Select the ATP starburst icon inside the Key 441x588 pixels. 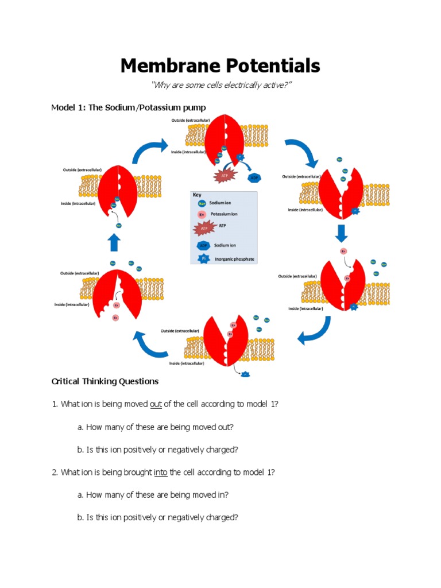click(200, 229)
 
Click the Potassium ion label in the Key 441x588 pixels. click(225, 214)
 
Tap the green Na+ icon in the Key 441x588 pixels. click(200, 203)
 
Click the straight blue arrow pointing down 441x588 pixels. click(342, 233)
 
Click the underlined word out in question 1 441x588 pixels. click(156, 404)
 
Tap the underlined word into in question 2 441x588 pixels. click(160, 473)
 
